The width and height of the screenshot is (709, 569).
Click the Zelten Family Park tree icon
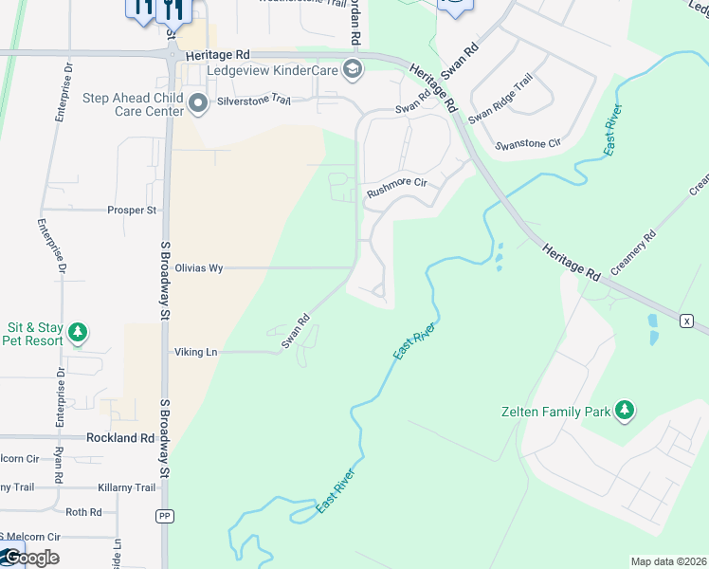624,411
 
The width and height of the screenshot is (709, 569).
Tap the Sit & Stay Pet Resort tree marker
78,333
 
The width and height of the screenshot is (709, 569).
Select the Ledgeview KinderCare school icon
353,69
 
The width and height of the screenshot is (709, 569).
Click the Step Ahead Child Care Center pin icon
198,104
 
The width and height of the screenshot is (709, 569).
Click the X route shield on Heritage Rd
686,321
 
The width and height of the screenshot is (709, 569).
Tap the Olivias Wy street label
198,268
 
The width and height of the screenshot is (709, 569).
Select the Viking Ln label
195,353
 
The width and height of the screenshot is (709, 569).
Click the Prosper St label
131,210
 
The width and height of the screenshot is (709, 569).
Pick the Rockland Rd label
119,438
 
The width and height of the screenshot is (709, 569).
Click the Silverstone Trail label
253,99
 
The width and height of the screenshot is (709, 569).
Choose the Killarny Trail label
126,487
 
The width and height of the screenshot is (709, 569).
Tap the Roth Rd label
83,512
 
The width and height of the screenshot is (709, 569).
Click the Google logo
30,558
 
